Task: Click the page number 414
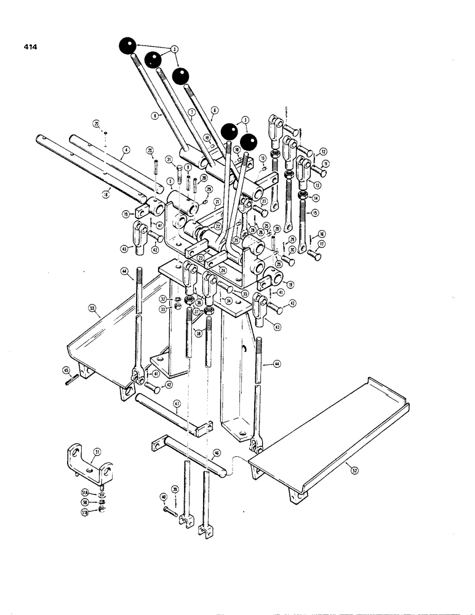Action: click(28, 46)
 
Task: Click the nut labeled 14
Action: click(302, 195)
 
